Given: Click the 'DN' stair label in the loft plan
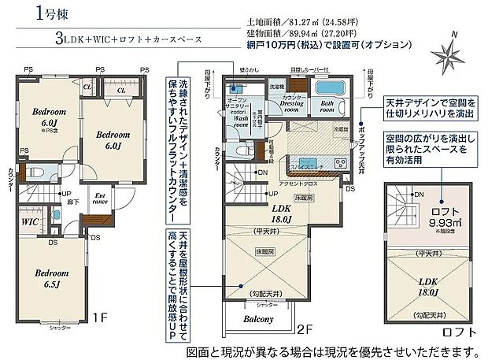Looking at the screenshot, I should pyautogui.click(x=419, y=194).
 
